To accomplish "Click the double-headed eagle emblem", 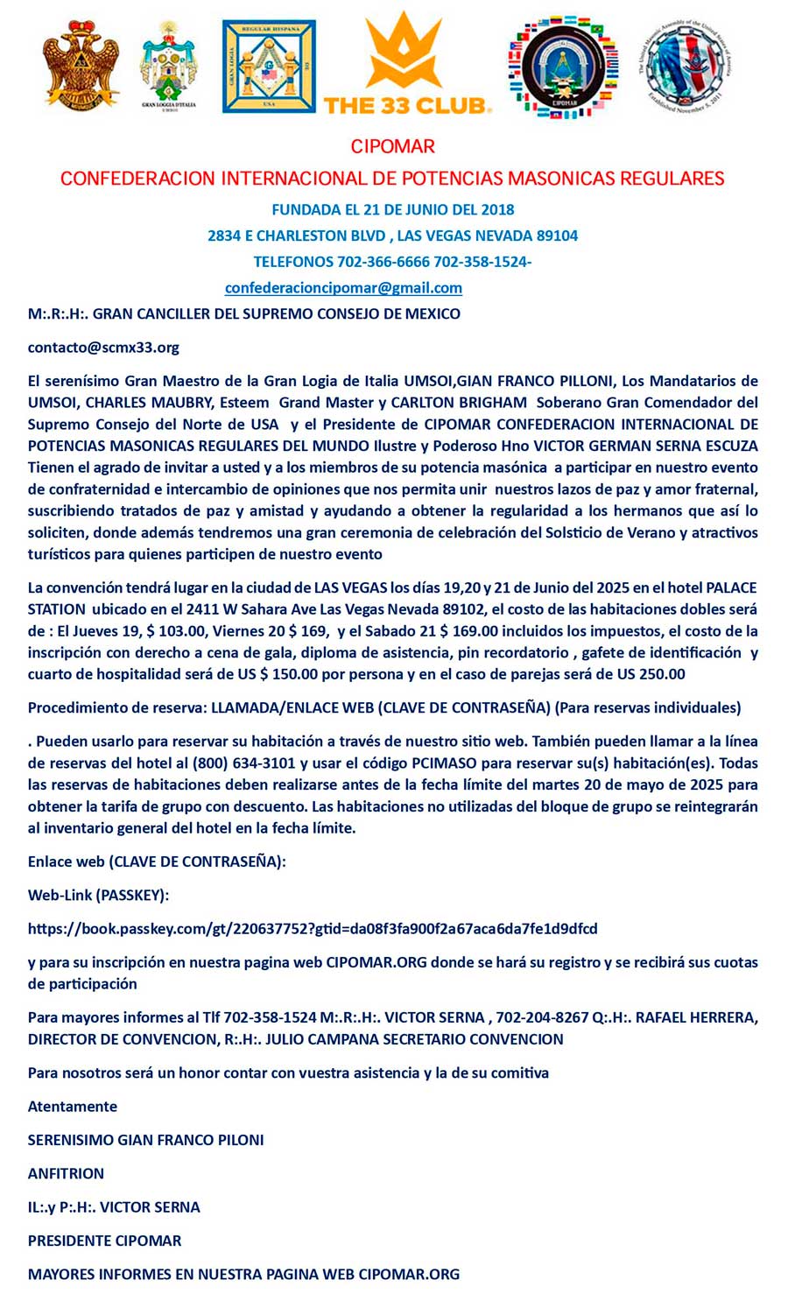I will [81, 66].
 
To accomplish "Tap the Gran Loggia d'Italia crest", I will [169, 67].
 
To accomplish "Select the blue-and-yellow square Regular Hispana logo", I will [269, 67].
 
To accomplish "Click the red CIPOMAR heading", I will [392, 146].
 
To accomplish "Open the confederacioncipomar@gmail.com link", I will [343, 287].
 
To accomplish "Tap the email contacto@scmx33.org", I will [103, 347].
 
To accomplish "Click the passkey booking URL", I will [313, 928].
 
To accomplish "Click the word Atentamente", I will [73, 1107].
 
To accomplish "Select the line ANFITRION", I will [66, 1173].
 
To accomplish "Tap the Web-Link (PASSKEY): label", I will [98, 895].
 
